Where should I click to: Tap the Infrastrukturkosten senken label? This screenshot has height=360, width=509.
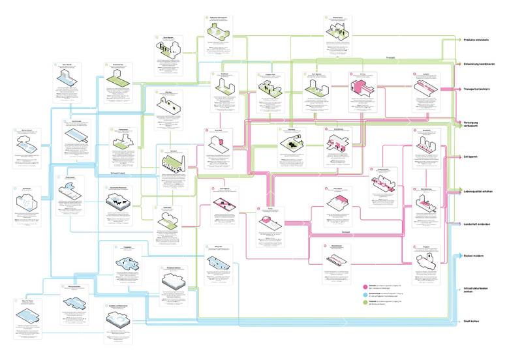(x=479, y=290)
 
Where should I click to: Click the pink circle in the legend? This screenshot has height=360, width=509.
(x=365, y=286)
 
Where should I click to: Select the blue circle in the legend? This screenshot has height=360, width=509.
(x=365, y=295)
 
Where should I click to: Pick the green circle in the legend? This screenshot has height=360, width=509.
(x=365, y=303)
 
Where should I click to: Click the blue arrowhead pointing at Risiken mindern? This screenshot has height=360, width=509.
(x=457, y=256)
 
